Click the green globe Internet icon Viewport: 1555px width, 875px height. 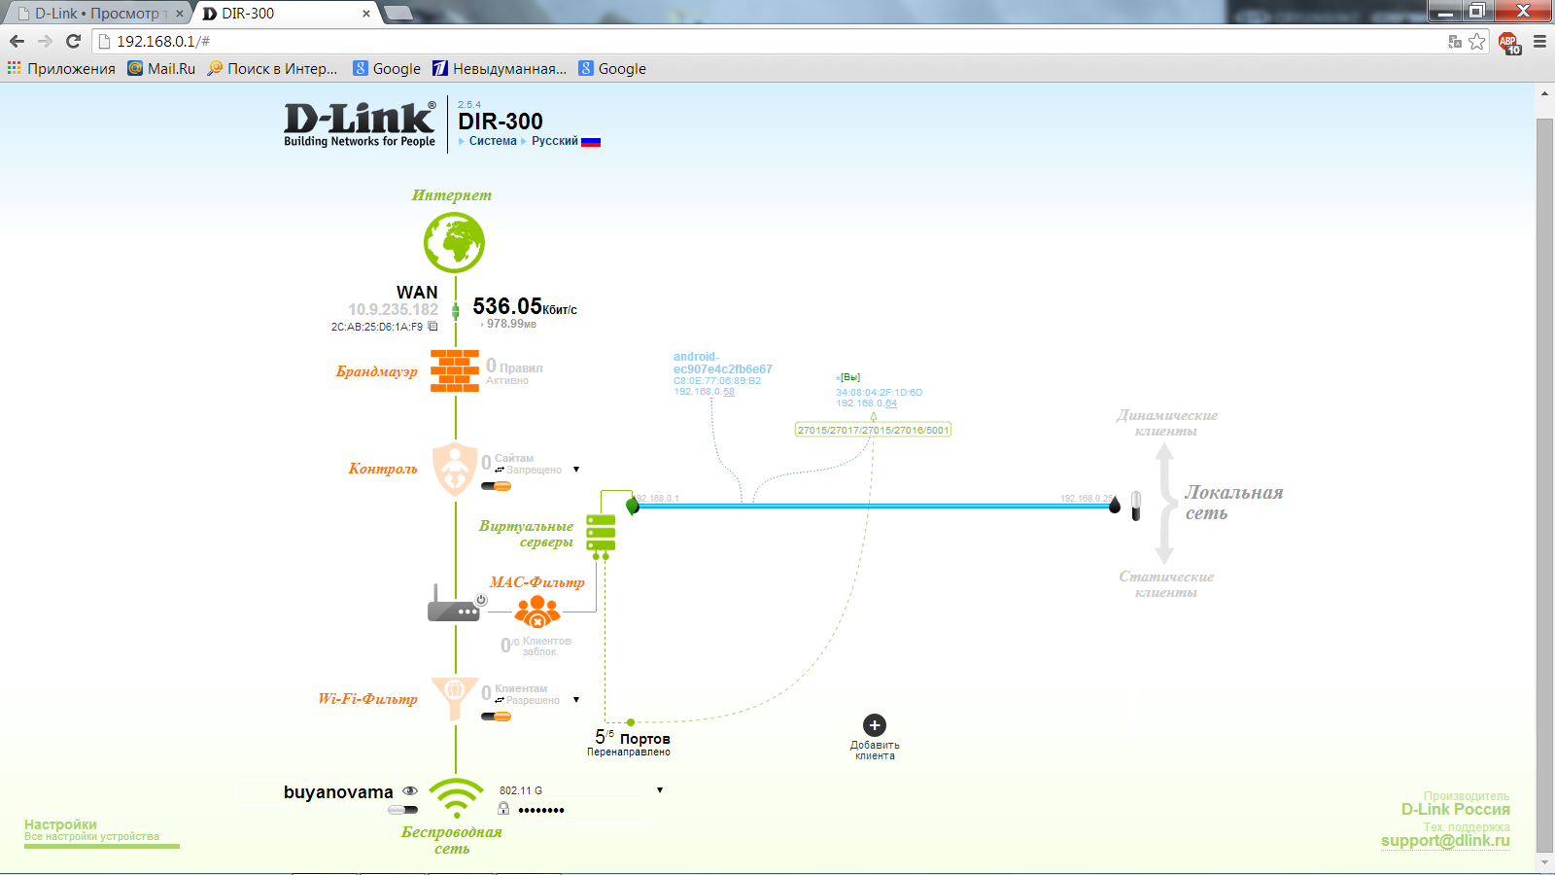tap(454, 242)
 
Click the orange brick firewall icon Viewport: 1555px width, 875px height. tap(455, 370)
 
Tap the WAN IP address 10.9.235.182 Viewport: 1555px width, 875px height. tap(393, 309)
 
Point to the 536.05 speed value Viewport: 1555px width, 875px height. tap(507, 306)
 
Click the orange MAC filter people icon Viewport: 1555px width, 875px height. tap(537, 612)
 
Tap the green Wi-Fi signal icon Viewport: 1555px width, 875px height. tap(456, 798)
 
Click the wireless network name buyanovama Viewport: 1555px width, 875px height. tap(338, 792)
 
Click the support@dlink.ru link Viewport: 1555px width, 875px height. tap(1445, 841)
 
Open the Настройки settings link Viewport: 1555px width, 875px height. tap(60, 824)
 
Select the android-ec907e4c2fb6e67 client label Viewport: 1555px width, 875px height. tap(722, 363)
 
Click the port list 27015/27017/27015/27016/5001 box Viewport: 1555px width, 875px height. tap(873, 430)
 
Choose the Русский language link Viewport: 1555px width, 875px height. tap(555, 141)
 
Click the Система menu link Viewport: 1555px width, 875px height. tap(493, 141)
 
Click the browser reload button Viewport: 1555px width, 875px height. tap(73, 41)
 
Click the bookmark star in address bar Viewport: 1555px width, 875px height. tap(1477, 41)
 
